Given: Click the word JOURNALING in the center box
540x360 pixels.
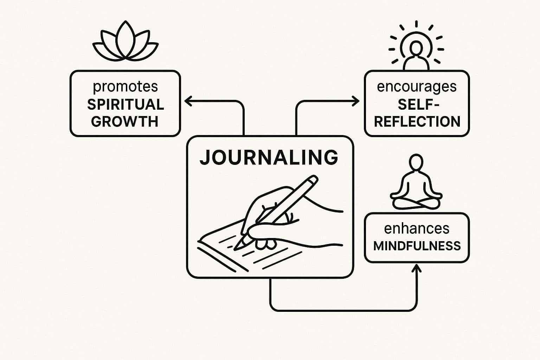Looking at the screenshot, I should (269, 157).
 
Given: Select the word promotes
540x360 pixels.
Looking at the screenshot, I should (125, 86).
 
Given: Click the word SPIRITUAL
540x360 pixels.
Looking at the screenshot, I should (126, 104).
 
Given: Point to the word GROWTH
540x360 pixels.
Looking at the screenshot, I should (125, 122).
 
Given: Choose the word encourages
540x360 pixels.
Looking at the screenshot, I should (417, 86).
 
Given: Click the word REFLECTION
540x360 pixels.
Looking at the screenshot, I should (417, 122).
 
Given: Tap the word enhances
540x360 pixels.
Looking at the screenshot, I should (417, 229).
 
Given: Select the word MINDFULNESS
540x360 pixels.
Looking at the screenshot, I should (417, 246).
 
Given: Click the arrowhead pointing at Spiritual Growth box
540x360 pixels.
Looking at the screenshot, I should (187, 101).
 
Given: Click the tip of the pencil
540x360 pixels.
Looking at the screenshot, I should (236, 247).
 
